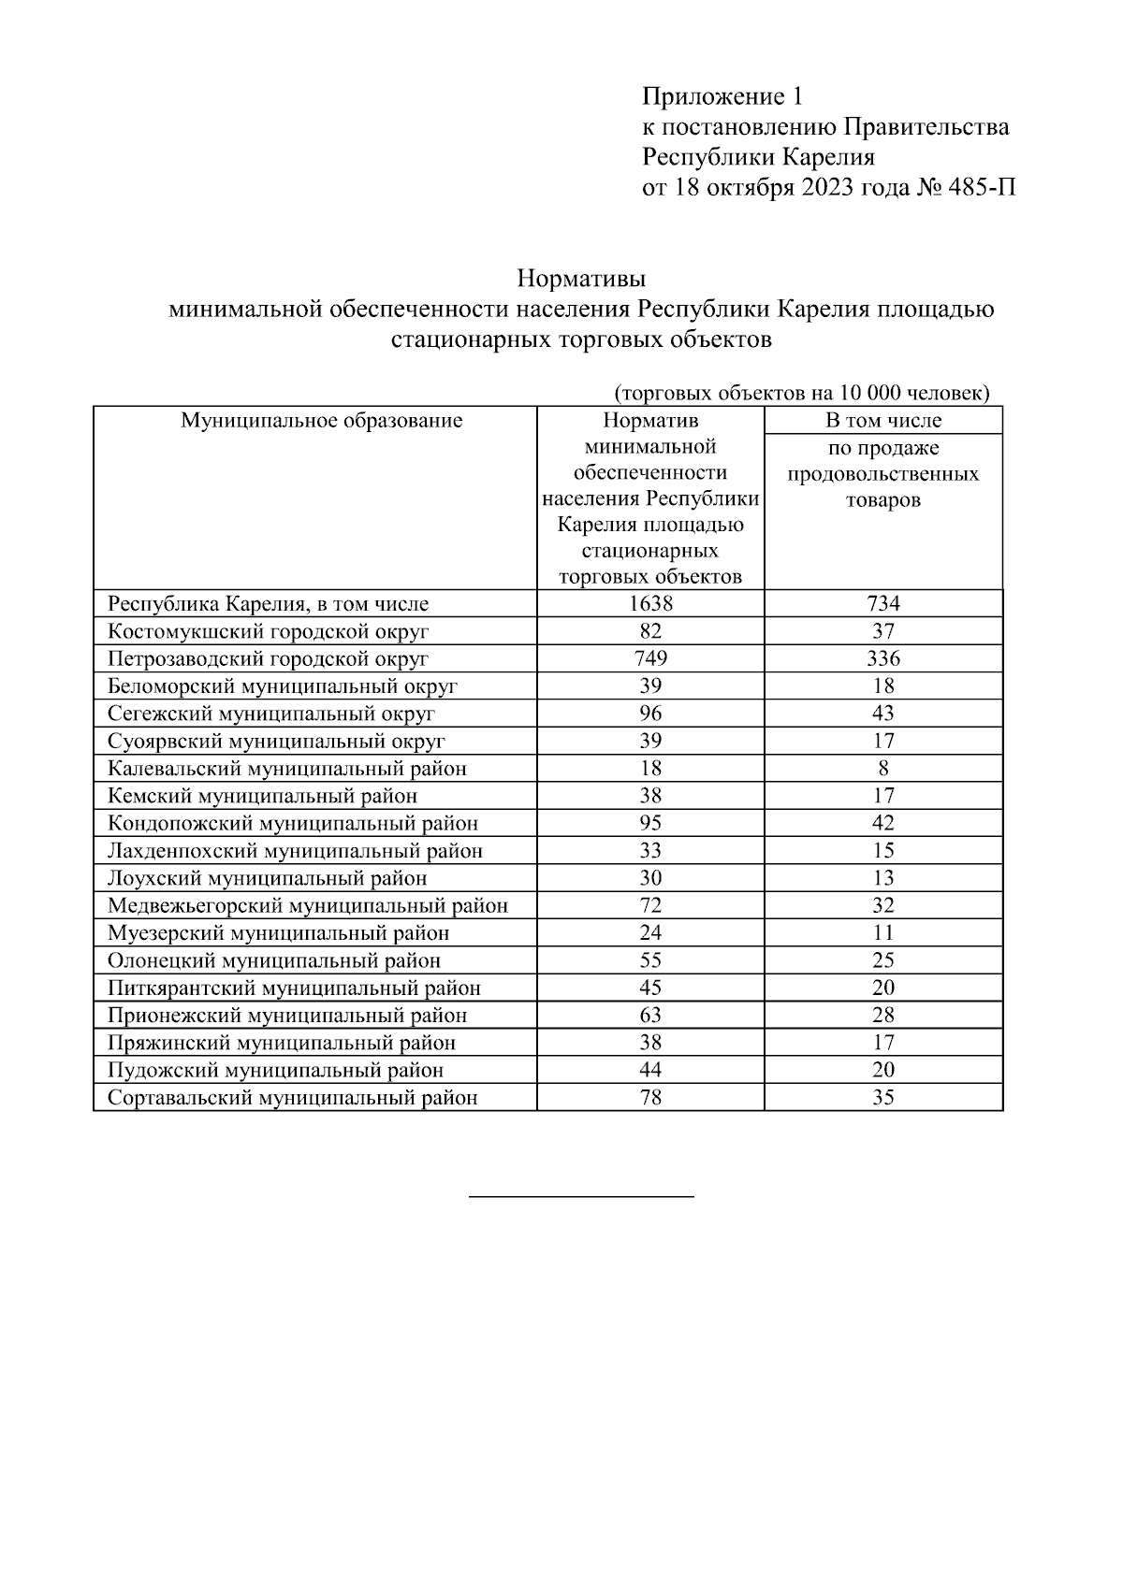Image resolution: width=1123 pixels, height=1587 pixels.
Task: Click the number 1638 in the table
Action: click(x=649, y=603)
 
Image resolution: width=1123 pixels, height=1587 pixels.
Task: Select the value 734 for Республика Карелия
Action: click(x=882, y=603)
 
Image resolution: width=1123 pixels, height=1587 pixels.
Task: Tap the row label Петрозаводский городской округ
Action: click(x=268, y=658)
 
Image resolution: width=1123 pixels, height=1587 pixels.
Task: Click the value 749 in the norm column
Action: click(x=649, y=658)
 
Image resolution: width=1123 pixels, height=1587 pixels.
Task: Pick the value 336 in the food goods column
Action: click(x=882, y=658)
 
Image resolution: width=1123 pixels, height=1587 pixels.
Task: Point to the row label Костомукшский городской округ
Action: click(x=269, y=631)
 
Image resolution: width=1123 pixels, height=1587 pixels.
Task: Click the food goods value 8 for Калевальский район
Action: click(x=882, y=769)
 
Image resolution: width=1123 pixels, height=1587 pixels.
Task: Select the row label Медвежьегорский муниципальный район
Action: click(x=308, y=905)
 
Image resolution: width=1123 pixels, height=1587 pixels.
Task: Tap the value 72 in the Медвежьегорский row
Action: click(x=649, y=905)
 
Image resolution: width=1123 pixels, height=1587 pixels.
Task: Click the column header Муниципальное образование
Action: click(x=321, y=420)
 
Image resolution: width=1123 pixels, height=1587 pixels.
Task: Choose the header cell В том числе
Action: click(x=882, y=420)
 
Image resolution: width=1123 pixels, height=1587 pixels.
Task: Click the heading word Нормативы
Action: click(x=581, y=279)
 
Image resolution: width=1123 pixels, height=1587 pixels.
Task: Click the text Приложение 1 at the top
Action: click(x=722, y=96)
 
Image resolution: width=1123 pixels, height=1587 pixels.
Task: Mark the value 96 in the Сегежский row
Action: click(x=649, y=714)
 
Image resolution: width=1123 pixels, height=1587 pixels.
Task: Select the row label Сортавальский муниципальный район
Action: click(x=293, y=1097)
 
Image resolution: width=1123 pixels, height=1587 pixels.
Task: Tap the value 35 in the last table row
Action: click(x=882, y=1097)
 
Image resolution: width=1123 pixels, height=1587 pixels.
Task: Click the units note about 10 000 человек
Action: click(x=802, y=393)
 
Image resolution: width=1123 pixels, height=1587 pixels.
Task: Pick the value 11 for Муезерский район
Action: click(x=882, y=932)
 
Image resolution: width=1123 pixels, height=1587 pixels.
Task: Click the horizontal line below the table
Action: click(x=580, y=1196)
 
